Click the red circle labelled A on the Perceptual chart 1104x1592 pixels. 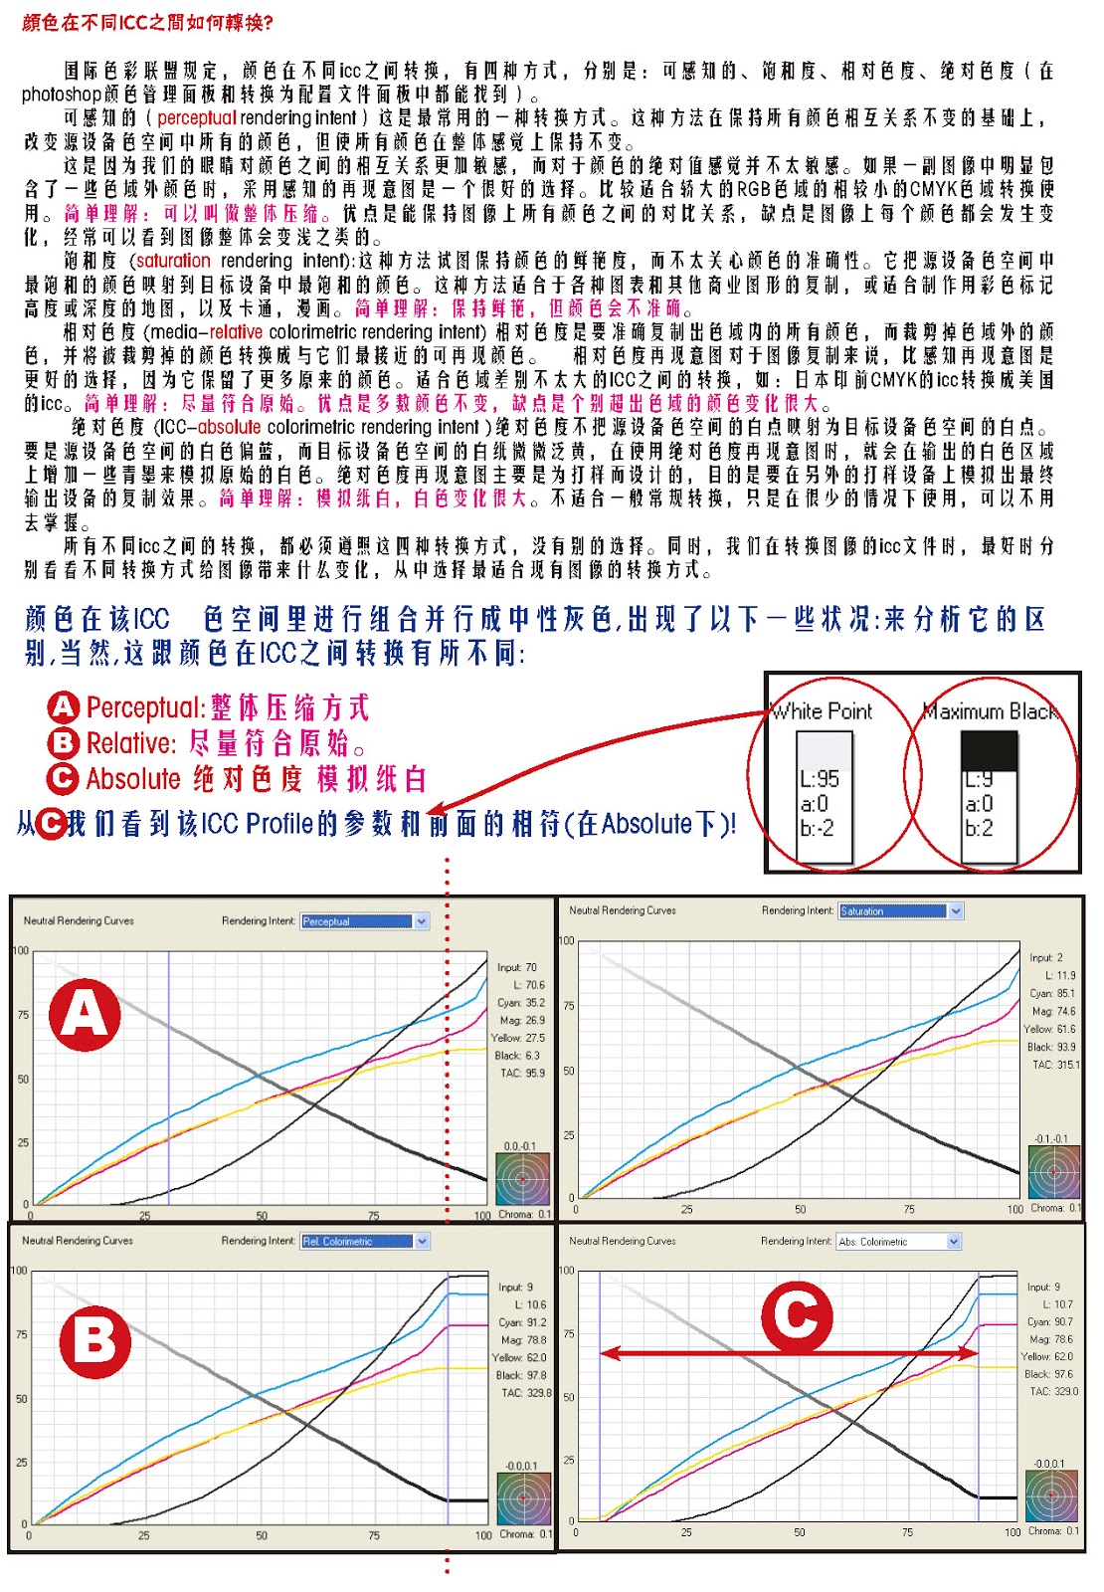(86, 1015)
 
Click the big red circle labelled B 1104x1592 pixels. (95, 1340)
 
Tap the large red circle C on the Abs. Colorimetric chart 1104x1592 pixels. (797, 1315)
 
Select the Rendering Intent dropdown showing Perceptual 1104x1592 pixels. (364, 921)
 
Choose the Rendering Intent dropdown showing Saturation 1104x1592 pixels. (901, 910)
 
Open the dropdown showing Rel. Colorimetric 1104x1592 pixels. (364, 1241)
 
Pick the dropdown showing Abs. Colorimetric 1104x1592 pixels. (899, 1241)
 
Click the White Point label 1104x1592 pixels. (823, 711)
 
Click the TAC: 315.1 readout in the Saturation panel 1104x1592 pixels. (1055, 1065)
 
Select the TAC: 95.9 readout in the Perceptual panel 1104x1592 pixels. (522, 1074)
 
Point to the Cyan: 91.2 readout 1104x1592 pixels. (523, 1322)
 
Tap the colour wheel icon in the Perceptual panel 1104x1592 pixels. (522, 1179)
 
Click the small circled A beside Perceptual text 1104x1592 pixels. (63, 707)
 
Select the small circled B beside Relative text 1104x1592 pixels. (63, 742)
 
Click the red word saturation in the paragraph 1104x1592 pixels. (173, 261)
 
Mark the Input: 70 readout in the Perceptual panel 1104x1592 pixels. (517, 967)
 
